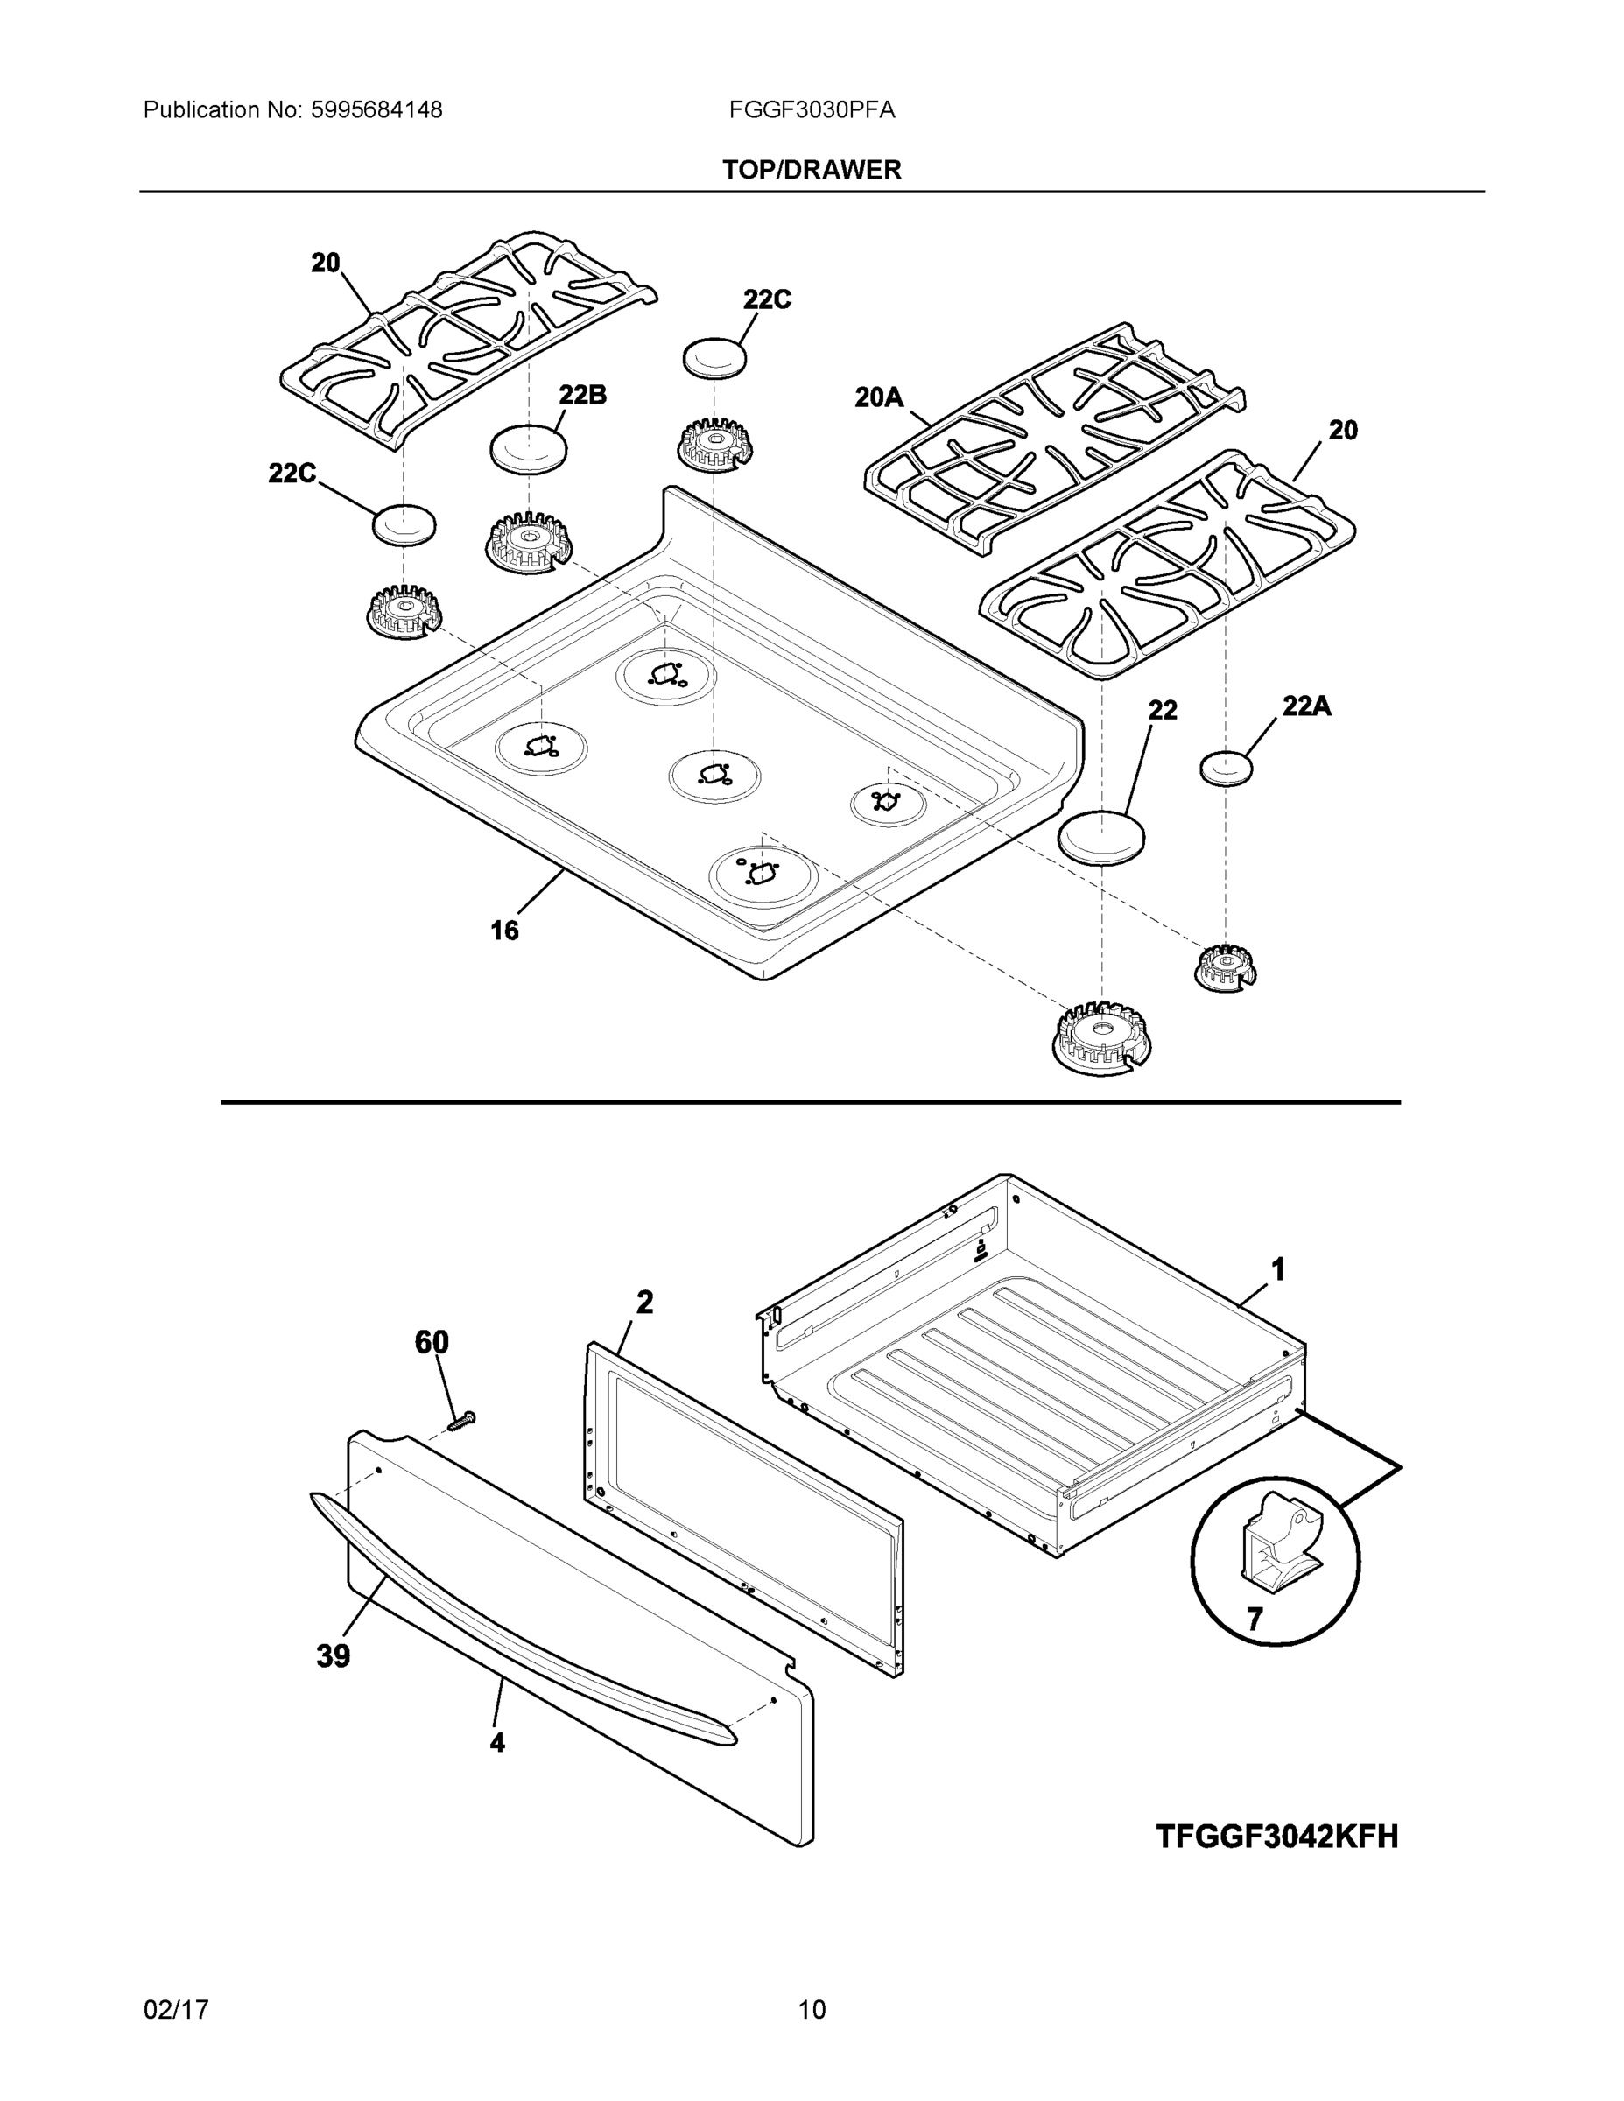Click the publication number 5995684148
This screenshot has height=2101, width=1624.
[x=376, y=110]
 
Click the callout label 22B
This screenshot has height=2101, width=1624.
[x=582, y=396]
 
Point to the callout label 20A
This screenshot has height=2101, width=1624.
[x=878, y=397]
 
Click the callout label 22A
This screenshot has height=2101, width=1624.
[x=1305, y=706]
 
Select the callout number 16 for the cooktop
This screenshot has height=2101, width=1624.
[x=504, y=931]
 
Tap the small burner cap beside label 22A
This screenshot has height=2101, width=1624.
[x=1227, y=769]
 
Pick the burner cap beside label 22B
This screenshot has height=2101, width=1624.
[x=527, y=448]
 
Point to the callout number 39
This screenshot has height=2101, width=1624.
[x=333, y=1656]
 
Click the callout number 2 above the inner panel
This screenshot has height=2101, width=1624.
[x=643, y=1303]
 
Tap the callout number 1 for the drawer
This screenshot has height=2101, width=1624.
[x=1277, y=1271]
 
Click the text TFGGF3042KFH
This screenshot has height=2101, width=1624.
[x=1276, y=1837]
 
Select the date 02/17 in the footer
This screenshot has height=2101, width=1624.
[x=176, y=2011]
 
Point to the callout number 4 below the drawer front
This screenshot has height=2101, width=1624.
[x=496, y=1742]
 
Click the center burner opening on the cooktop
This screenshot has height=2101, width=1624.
[x=714, y=774]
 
